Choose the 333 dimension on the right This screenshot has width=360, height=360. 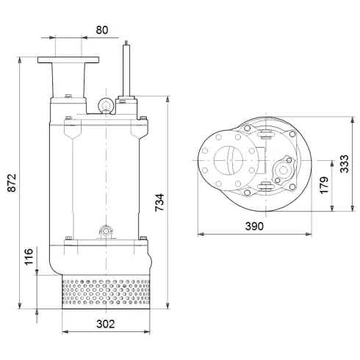tap(342, 164)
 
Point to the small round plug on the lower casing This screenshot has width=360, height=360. tap(104, 232)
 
